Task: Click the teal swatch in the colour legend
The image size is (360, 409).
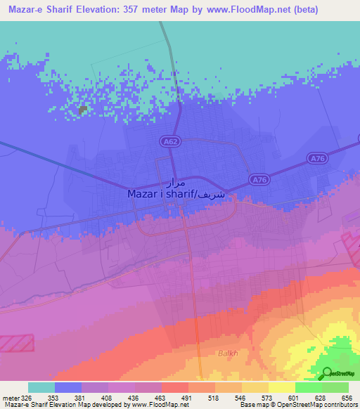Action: coord(41,387)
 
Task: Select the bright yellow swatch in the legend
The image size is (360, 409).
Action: coord(281,387)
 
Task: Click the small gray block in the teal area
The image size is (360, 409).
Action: coord(83,110)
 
